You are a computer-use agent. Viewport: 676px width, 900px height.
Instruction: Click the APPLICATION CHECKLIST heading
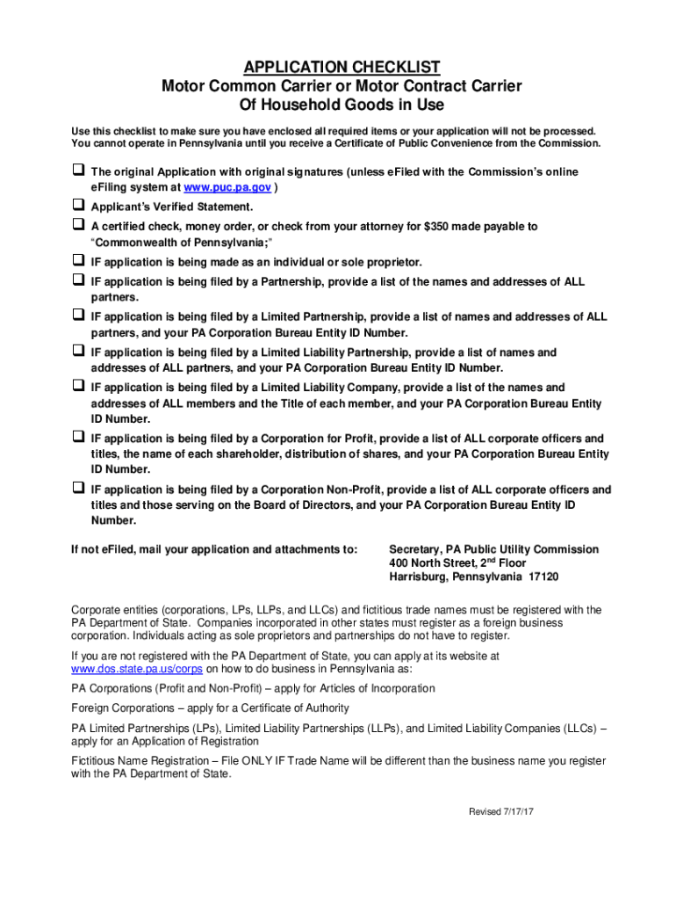[x=342, y=68]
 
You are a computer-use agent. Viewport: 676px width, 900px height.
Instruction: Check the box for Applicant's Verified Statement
[x=77, y=205]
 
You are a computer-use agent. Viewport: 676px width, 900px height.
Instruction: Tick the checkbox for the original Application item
[x=77, y=170]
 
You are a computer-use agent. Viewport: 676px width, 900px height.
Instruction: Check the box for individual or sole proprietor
[x=77, y=260]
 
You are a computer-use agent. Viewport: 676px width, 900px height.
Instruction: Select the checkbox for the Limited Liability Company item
[x=77, y=386]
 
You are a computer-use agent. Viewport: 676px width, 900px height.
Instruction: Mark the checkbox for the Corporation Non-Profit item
[x=77, y=488]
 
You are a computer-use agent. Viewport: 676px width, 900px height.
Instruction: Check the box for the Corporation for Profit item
[x=77, y=437]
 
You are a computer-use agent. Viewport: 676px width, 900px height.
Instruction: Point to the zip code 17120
[x=542, y=577]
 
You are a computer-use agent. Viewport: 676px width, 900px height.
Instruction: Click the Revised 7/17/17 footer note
[x=500, y=811]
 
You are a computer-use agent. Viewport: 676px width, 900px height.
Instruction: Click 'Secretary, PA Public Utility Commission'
[x=493, y=549]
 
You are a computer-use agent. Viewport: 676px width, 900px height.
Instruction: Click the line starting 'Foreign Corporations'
[x=210, y=708]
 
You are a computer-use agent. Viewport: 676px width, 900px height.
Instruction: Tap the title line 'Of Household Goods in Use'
[x=342, y=105]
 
